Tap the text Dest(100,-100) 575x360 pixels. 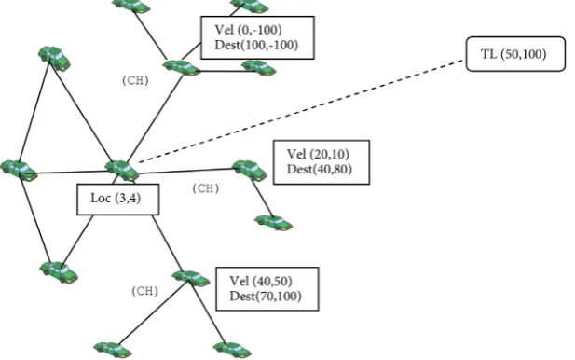256,45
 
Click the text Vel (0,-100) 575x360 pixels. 248,30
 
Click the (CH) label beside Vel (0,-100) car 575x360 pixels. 135,80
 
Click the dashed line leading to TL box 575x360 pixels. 301,112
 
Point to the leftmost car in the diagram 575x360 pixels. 19,170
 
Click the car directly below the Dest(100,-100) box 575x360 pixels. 258,68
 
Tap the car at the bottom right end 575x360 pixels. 232,350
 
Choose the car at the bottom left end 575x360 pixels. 112,350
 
